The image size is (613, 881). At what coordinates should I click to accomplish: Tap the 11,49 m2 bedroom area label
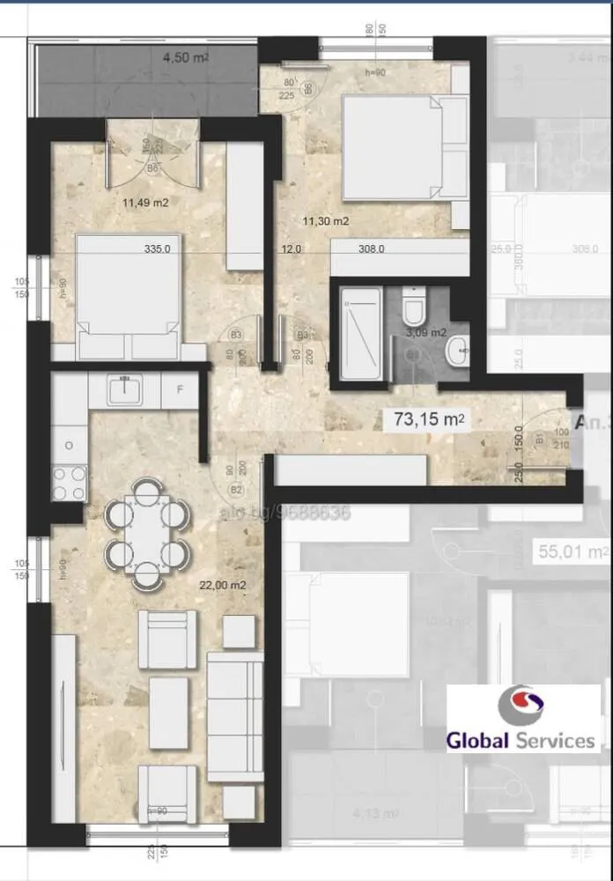point(145,203)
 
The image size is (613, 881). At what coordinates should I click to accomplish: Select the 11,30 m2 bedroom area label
point(325,221)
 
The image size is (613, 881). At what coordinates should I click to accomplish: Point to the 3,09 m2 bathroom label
point(426,332)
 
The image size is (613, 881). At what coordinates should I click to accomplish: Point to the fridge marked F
point(181,389)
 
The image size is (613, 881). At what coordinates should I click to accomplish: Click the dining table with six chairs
point(147,533)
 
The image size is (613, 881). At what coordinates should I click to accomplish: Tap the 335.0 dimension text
point(157,249)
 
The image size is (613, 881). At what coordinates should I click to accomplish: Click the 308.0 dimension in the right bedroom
point(371,249)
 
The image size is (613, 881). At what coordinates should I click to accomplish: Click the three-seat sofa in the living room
point(235,715)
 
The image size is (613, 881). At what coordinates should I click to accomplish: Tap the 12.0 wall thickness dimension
point(292,249)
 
